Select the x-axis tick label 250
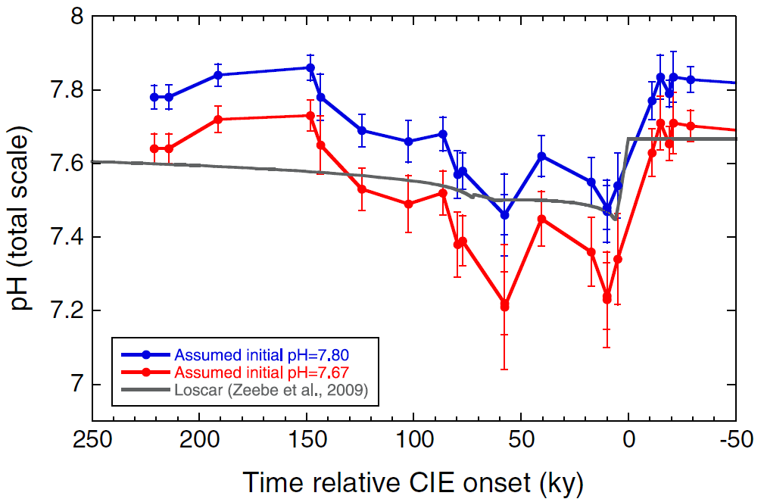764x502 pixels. click(92, 441)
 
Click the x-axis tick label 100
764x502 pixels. click(413, 441)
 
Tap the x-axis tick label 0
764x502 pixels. click(628, 441)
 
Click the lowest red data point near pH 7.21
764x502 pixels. click(504, 306)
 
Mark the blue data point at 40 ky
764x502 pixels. click(541, 156)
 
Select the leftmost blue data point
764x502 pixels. click(154, 97)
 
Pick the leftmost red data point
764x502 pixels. click(154, 148)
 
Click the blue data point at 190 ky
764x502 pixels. click(218, 75)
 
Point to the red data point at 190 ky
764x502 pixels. click(218, 120)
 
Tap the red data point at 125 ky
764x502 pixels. click(362, 189)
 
